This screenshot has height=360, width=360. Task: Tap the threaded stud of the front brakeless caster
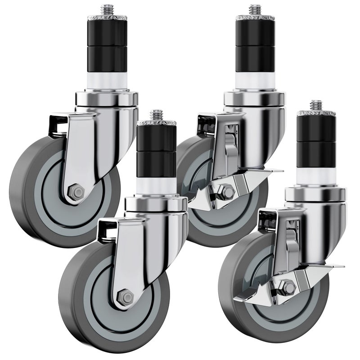coord(156,116)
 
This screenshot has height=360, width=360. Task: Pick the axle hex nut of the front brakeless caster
coord(125,297)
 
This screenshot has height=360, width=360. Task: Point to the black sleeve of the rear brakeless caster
coord(107,45)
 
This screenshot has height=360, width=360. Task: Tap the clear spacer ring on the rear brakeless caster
coord(107,81)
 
